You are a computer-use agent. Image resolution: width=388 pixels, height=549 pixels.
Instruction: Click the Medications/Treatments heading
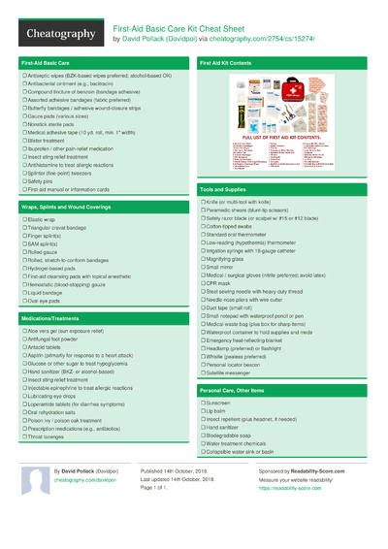click(53, 317)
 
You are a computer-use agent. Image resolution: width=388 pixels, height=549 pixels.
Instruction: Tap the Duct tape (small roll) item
click(234, 307)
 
